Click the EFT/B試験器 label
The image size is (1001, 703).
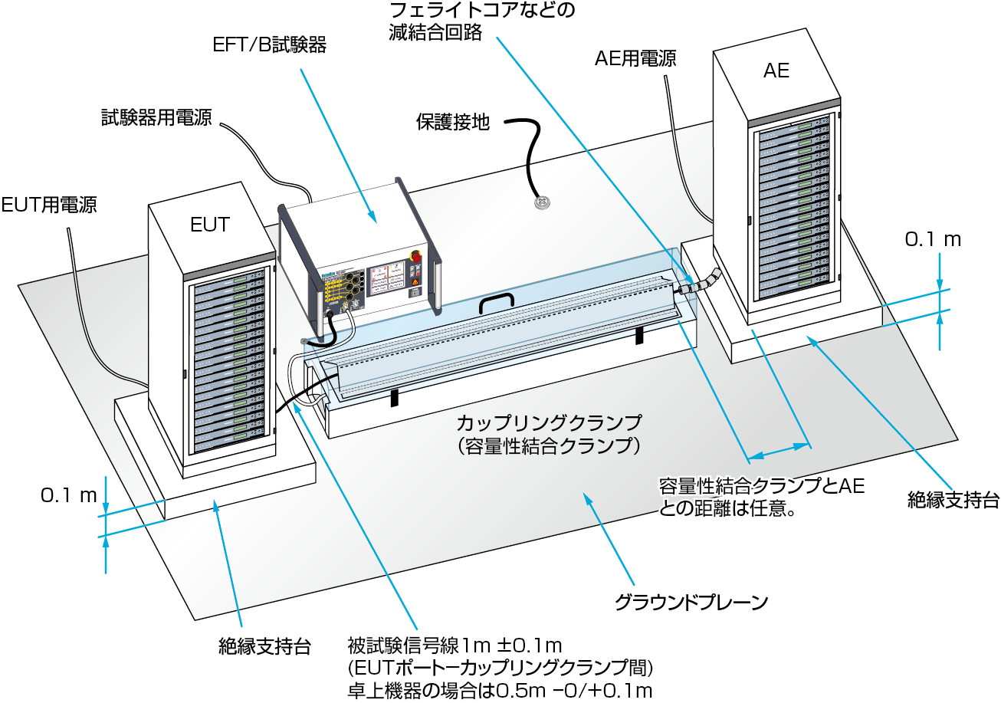pos(269,46)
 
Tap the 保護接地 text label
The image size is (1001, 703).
pos(453,122)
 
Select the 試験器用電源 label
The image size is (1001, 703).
pos(156,117)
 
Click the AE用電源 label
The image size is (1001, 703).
pos(635,59)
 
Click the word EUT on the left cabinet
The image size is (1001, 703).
pos(209,225)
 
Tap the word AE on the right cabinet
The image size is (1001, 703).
pos(776,71)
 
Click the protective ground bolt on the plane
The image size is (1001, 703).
pos(541,204)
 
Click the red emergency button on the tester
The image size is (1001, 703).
pos(416,256)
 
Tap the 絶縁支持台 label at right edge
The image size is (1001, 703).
pos(953,501)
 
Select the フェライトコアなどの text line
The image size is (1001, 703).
pos(481,11)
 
